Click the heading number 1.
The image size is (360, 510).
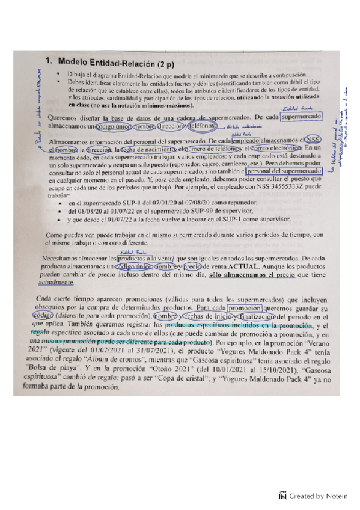pos(50,61)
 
